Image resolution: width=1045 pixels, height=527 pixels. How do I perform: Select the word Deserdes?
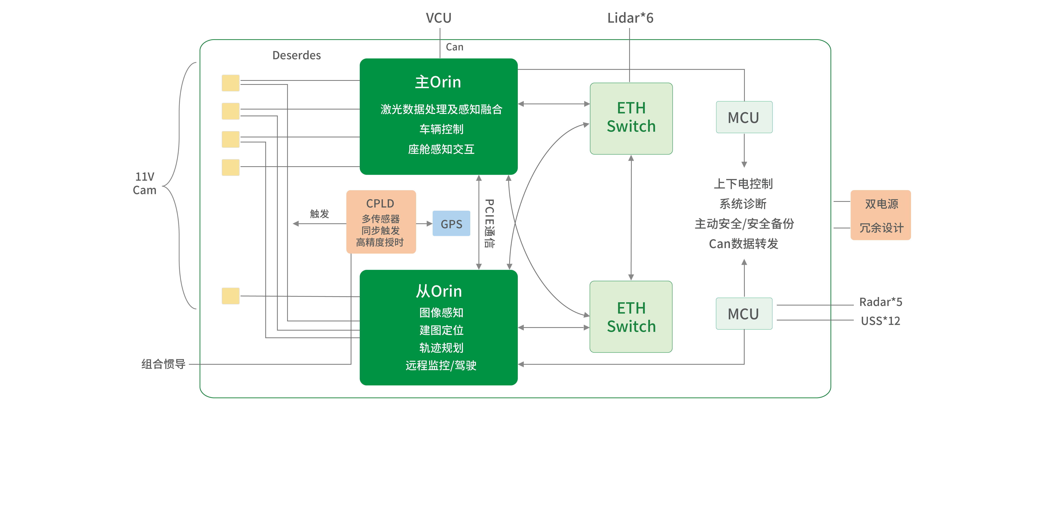(x=297, y=55)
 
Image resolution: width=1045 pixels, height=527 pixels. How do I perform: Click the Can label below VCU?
(x=454, y=47)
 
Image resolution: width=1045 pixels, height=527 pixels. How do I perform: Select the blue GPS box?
(x=451, y=224)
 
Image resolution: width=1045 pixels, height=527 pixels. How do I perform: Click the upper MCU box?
(x=744, y=117)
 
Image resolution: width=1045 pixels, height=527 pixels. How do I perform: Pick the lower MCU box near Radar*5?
(x=744, y=314)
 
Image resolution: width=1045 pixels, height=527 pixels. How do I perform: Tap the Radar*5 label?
(x=880, y=302)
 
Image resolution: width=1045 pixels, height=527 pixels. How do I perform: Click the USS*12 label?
(x=880, y=321)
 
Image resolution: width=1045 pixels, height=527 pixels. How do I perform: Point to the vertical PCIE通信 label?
(x=490, y=223)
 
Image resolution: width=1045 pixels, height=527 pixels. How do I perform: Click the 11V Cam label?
(x=144, y=183)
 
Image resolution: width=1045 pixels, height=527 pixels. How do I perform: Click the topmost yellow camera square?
(x=230, y=83)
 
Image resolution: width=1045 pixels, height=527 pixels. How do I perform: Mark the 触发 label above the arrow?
(x=319, y=214)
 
